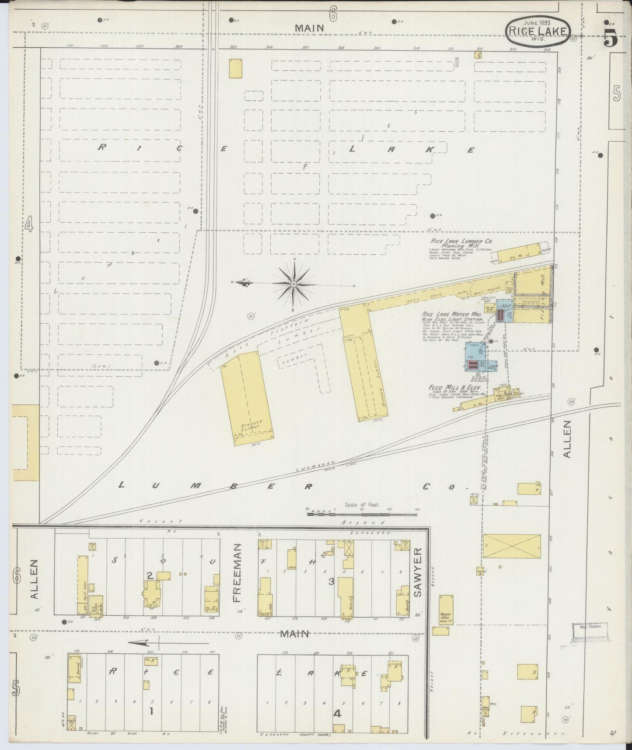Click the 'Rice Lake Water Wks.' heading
tap(451, 315)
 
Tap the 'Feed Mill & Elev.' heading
tap(455, 388)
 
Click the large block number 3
tap(331, 582)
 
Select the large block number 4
tap(337, 714)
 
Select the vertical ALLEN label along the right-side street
tap(567, 439)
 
